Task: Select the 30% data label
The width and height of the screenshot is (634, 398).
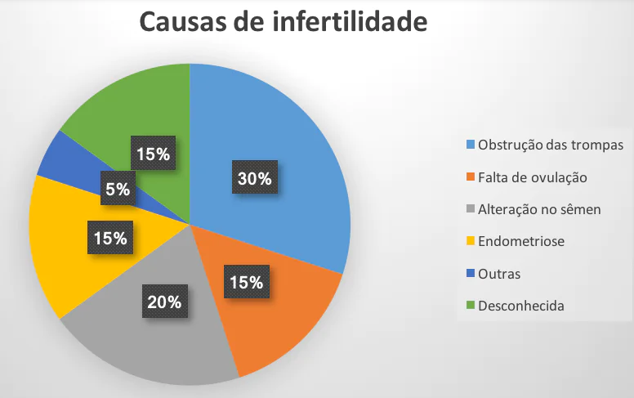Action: click(x=254, y=179)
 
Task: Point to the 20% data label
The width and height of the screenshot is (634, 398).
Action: click(x=164, y=302)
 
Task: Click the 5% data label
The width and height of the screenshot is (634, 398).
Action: click(x=118, y=190)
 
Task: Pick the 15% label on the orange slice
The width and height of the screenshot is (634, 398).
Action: click(x=246, y=283)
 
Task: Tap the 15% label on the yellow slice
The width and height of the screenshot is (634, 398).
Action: click(x=109, y=239)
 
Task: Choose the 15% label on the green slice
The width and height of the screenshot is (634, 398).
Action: click(x=153, y=154)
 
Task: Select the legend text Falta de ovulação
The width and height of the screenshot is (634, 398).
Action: click(x=533, y=177)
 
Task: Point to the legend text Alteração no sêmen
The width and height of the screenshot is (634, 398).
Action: click(x=539, y=209)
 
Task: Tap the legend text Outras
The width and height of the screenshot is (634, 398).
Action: click(x=499, y=274)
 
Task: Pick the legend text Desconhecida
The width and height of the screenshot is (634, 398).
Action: click(x=521, y=306)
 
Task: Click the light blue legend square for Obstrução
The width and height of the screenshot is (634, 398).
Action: click(x=471, y=145)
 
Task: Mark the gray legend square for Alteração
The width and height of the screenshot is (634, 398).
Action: click(x=471, y=209)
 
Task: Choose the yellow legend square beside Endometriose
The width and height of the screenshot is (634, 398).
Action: click(x=471, y=241)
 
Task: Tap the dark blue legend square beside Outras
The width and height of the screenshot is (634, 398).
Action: click(x=471, y=274)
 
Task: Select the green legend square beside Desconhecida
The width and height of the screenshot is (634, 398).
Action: click(x=471, y=306)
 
